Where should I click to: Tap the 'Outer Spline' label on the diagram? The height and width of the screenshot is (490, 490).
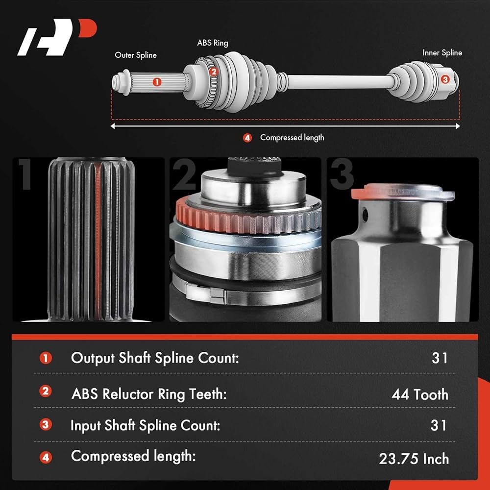(136, 55)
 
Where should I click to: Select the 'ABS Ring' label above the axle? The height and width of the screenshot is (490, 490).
(213, 43)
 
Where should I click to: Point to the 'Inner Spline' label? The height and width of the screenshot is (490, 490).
(442, 52)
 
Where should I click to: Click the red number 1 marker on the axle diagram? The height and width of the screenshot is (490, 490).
(157, 82)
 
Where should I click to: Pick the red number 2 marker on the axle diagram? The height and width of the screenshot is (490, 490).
(213, 72)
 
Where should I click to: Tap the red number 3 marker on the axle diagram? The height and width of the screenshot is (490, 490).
(444, 79)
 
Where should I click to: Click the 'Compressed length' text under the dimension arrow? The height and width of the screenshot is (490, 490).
(292, 138)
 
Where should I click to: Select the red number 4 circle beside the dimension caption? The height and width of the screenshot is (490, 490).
(247, 138)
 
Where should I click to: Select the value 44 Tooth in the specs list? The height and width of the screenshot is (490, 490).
(420, 394)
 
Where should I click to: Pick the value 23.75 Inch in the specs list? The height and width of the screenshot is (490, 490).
(414, 459)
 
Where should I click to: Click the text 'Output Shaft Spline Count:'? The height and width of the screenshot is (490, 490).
(155, 358)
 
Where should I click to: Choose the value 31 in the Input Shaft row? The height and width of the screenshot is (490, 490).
(439, 425)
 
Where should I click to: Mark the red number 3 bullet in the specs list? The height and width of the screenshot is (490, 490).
(46, 424)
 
